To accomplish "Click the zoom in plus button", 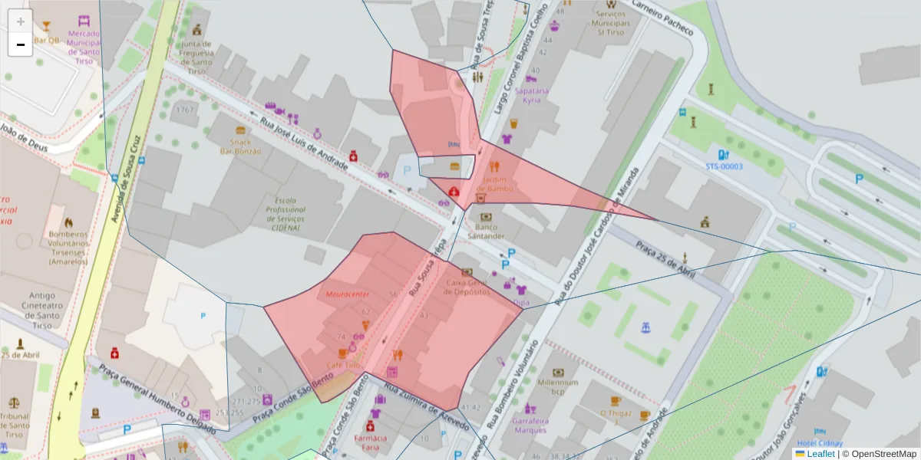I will pyautogui.click(x=21, y=21).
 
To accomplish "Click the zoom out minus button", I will pyautogui.click(x=21, y=44).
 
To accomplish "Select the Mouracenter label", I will pyautogui.click(x=348, y=294).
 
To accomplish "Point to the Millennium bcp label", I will pyautogui.click(x=558, y=386).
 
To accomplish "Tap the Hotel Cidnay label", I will pyautogui.click(x=820, y=443).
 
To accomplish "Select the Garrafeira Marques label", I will pyautogui.click(x=530, y=425).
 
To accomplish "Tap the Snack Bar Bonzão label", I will pyautogui.click(x=241, y=146).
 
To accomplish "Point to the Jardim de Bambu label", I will pyautogui.click(x=494, y=184).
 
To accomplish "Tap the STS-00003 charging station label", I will pyautogui.click(x=724, y=166).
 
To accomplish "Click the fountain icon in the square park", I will pyautogui.click(x=645, y=328).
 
